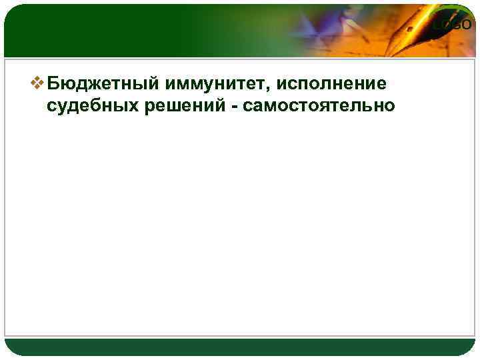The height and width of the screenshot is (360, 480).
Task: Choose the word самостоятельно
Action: (x=320, y=105)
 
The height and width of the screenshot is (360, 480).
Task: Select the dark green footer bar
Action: (x=240, y=347)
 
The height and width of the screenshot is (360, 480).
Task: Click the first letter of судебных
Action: (x=53, y=107)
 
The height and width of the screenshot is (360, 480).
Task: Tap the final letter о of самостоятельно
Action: (x=390, y=107)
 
